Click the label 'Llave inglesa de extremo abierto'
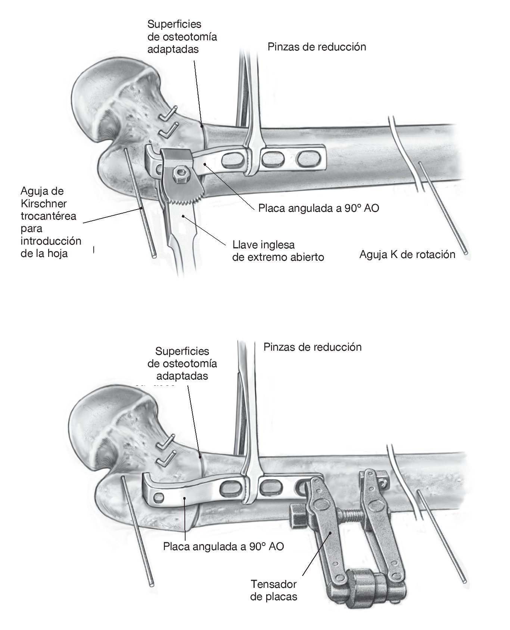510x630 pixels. (278, 251)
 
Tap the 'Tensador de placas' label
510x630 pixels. (273, 590)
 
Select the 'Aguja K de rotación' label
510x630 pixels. (407, 255)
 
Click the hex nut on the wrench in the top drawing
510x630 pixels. (181, 173)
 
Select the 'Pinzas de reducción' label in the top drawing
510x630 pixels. (317, 47)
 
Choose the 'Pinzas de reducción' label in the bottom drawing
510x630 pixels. (312, 347)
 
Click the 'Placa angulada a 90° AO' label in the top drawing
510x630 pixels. (318, 208)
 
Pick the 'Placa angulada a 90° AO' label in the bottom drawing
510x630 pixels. (223, 546)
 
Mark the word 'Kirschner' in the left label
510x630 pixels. (43, 204)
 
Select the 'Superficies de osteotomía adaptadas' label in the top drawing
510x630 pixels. (182, 37)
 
